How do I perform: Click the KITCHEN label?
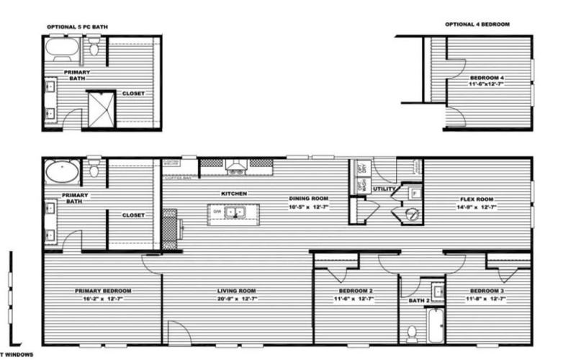pyautogui.click(x=235, y=194)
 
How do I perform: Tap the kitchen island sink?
pyautogui.click(x=233, y=212)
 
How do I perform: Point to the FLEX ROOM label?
pyautogui.click(x=477, y=199)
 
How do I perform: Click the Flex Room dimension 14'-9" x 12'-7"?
pyautogui.click(x=477, y=207)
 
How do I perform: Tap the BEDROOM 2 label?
pyautogui.click(x=356, y=291)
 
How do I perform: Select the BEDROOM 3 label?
pyautogui.click(x=487, y=291)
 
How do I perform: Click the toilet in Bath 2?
pyautogui.click(x=413, y=333)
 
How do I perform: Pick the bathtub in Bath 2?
pyautogui.click(x=435, y=325)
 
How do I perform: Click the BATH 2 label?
pyautogui.click(x=419, y=300)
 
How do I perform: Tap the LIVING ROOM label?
pyautogui.click(x=237, y=291)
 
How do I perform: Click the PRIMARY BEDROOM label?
pyautogui.click(x=103, y=291)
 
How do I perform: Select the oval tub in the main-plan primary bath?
pyautogui.click(x=62, y=172)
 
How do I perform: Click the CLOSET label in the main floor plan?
pyautogui.click(x=133, y=215)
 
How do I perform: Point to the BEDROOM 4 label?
pyautogui.click(x=487, y=77)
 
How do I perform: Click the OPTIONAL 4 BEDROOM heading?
pyautogui.click(x=477, y=24)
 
